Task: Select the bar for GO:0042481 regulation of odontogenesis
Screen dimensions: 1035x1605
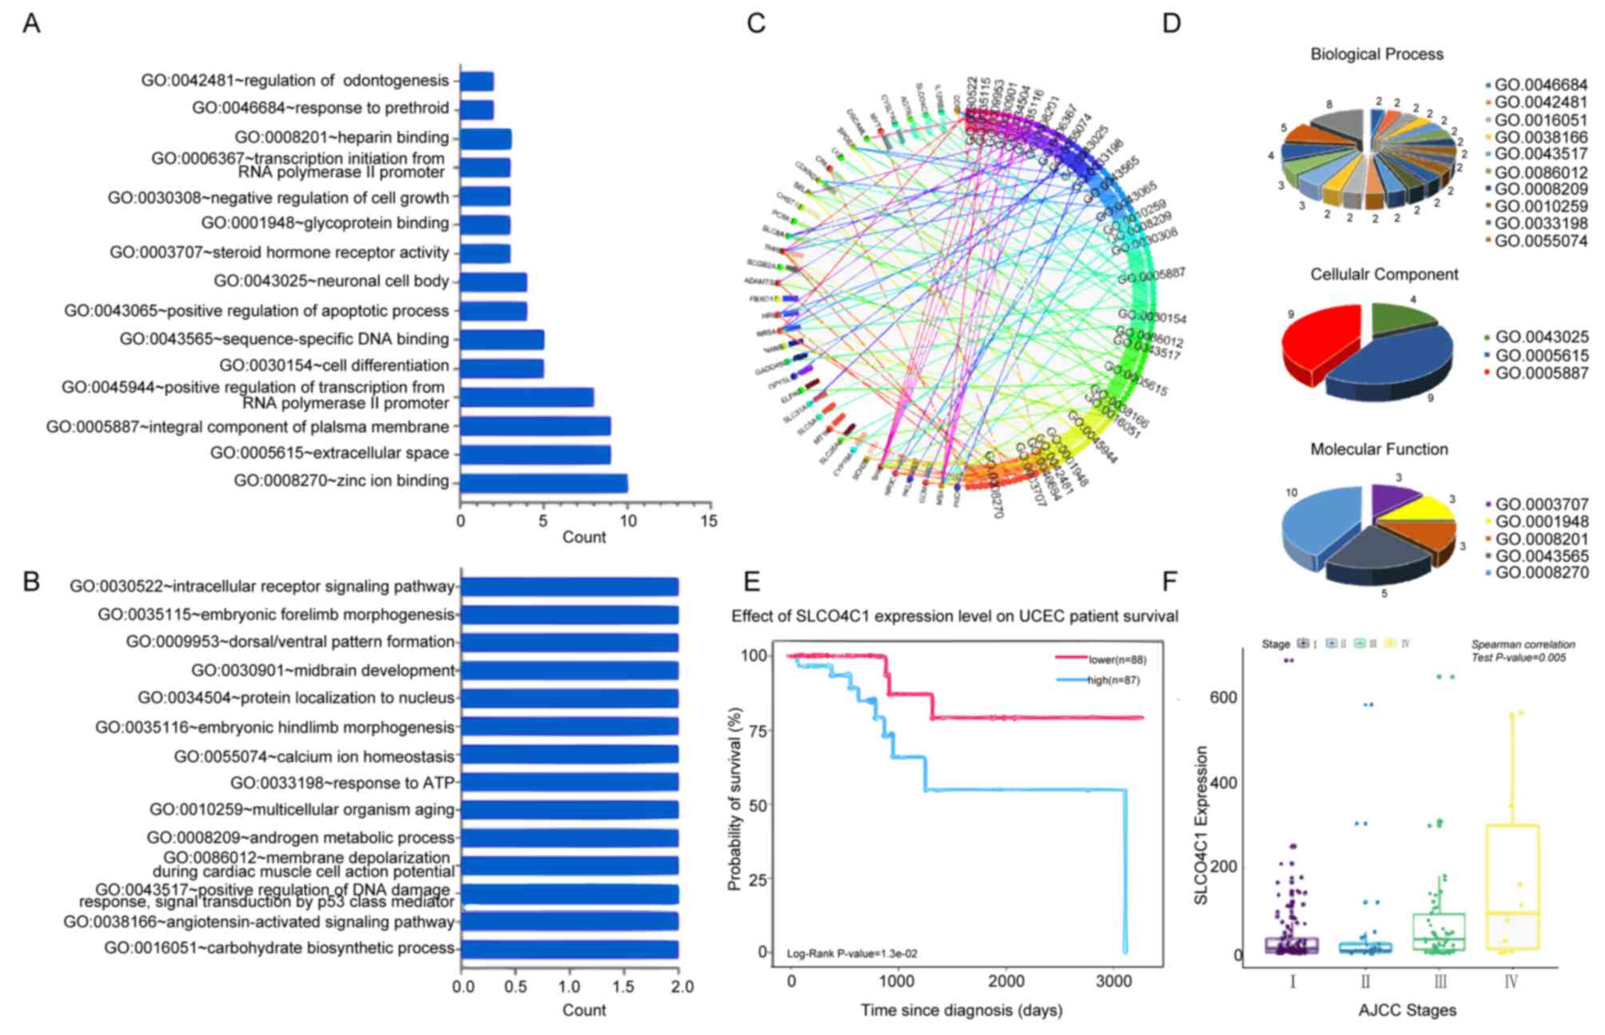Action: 476,82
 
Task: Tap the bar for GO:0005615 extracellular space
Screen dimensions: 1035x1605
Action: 536,455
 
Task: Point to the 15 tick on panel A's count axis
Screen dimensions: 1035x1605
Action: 709,521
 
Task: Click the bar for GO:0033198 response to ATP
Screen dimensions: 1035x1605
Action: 569,782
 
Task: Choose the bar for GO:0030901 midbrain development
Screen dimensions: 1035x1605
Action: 569,671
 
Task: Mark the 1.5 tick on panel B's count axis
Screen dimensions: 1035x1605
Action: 625,987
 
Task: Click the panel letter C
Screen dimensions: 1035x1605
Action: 755,24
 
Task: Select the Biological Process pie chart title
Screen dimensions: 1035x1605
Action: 1376,54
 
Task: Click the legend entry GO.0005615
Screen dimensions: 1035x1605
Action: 1541,356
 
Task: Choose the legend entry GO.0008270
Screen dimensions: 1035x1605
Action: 1541,573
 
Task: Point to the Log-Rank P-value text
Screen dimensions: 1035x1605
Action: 852,953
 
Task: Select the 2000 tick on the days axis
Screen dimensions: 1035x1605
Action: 1006,981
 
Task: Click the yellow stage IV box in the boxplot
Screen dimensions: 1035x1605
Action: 1511,887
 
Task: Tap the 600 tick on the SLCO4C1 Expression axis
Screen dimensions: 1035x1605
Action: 1223,698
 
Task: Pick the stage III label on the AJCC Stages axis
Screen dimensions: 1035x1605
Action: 1440,981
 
